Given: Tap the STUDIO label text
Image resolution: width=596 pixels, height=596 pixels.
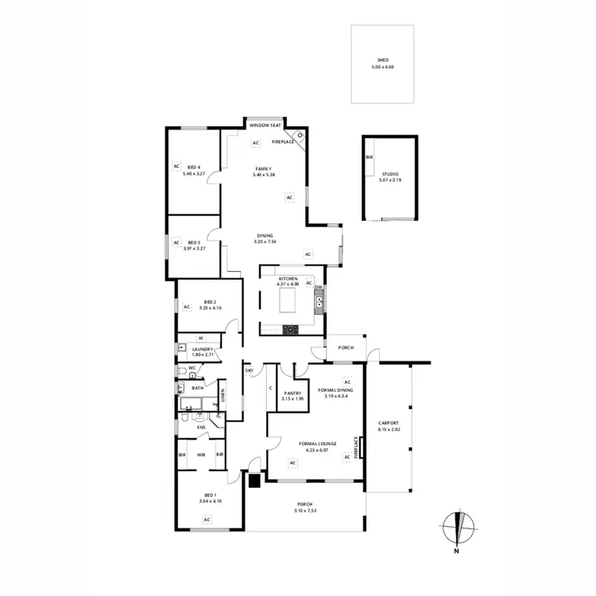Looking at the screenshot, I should click(389, 173).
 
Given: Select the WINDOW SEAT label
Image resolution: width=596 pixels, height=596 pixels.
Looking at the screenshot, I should click(265, 126).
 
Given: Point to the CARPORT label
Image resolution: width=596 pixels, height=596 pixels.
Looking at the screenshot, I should click(389, 423).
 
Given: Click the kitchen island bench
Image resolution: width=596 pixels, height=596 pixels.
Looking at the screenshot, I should click(288, 301).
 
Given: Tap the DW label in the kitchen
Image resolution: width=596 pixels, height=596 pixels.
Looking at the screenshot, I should click(318, 287).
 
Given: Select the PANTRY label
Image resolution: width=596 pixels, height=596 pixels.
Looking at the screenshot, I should click(292, 393).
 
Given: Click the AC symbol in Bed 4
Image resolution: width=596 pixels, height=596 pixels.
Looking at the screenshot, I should click(176, 166).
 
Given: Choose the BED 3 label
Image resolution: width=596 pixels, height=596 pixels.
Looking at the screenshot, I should click(194, 242).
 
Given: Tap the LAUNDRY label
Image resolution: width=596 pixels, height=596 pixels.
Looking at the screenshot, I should click(199, 349).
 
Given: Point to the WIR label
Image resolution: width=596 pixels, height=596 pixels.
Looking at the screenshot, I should click(201, 455).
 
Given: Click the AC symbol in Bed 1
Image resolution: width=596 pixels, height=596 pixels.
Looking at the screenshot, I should click(207, 520).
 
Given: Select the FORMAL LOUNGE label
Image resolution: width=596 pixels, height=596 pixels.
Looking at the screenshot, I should click(317, 443).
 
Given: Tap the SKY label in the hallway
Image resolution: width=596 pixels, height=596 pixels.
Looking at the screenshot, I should click(249, 371).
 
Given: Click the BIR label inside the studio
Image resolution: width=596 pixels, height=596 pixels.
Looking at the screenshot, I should click(369, 157).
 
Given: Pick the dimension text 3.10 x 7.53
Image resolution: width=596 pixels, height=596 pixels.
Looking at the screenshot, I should click(304, 510).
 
